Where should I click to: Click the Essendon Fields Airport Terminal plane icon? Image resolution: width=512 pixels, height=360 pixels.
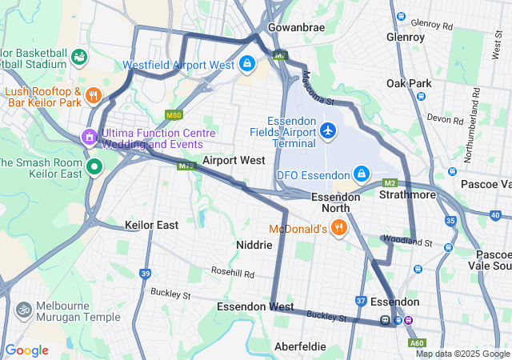point(328,130)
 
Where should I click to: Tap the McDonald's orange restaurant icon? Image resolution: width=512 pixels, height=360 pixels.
point(339,229)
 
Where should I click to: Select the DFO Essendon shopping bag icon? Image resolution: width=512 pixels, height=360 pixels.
point(362,174)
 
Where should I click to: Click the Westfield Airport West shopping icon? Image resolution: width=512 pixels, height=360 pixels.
point(247,64)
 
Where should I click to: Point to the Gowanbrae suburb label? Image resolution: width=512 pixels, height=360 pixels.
point(296,27)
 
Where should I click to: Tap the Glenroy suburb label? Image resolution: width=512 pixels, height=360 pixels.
point(406,37)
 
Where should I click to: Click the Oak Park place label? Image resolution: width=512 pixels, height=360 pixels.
point(409,83)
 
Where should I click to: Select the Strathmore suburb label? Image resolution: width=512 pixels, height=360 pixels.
point(407,194)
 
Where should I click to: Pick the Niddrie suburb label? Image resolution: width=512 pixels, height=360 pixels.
point(255,244)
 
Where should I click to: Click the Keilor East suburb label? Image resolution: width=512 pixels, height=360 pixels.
point(151,225)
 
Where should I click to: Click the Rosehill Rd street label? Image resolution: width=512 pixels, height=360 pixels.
point(233,274)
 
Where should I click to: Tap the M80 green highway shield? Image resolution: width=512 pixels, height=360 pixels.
point(174,115)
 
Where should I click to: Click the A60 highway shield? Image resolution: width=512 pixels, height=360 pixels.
point(417,343)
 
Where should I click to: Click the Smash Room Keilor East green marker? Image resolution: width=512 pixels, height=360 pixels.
point(94,167)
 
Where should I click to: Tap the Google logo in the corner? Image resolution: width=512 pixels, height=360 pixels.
point(26,350)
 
